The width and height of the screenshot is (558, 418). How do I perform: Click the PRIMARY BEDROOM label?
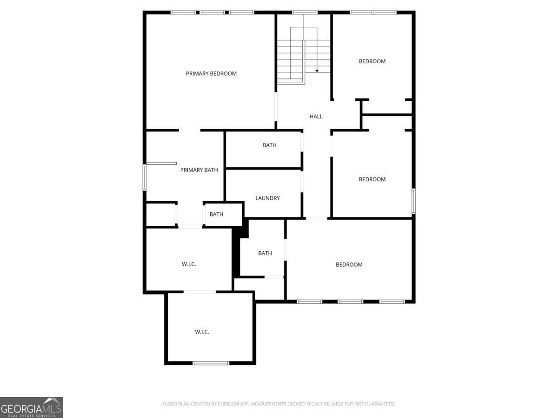click(211, 73)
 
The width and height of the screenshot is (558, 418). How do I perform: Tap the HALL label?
click(316, 117)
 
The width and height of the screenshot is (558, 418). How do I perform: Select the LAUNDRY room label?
click(267, 198)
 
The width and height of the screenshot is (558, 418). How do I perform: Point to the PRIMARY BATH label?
click(199, 170)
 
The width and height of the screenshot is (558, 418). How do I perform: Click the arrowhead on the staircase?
click(317, 71)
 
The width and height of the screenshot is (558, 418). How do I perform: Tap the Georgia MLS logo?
click(32, 408)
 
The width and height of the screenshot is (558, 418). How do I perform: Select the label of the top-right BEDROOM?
click(372, 61)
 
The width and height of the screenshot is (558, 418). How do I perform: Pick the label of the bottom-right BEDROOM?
click(349, 265)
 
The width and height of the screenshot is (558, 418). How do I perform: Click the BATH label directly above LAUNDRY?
click(269, 145)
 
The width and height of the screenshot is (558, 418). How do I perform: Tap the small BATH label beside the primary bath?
click(216, 215)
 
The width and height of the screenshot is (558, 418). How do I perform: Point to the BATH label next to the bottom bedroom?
click(265, 253)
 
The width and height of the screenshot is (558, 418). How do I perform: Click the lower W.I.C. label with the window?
click(202, 332)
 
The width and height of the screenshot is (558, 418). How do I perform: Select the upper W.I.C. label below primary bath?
click(189, 264)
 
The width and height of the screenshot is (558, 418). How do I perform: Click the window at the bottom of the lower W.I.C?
click(211, 363)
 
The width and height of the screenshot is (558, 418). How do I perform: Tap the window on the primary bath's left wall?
click(145, 177)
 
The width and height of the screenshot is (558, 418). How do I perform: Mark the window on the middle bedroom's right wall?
click(413, 201)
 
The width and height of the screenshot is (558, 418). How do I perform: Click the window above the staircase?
click(305, 13)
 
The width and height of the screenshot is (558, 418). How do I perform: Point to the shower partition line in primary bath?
click(161, 163)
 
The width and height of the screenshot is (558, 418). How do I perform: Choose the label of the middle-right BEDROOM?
click(372, 179)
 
